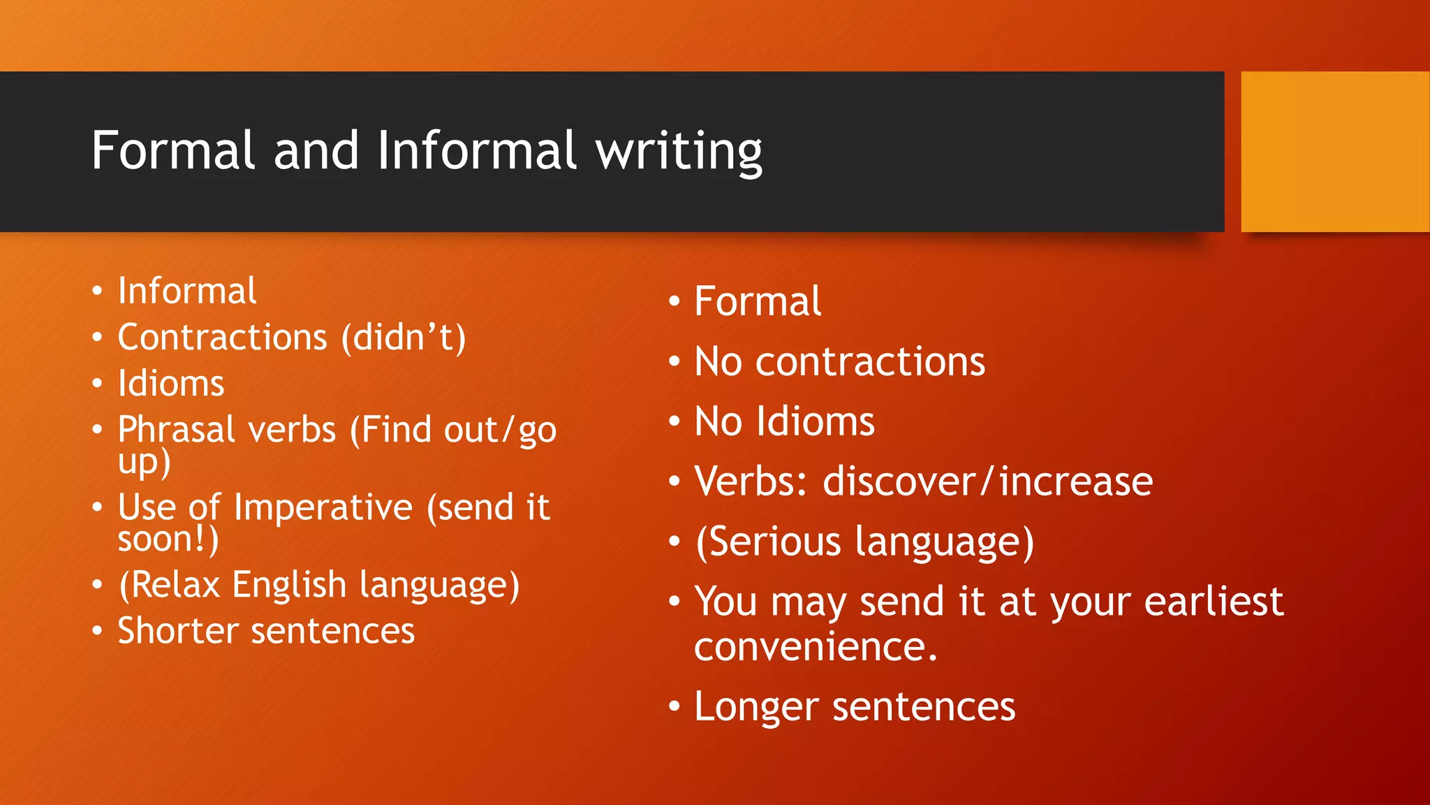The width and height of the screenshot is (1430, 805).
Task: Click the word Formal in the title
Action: click(x=173, y=150)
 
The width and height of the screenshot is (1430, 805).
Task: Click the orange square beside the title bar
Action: click(x=1334, y=152)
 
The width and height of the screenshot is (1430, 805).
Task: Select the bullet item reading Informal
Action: click(x=187, y=291)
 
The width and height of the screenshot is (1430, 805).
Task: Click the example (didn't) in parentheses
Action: click(x=404, y=338)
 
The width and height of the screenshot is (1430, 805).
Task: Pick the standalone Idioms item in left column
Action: click(x=171, y=384)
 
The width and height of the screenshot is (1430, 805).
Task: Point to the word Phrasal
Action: click(x=177, y=430)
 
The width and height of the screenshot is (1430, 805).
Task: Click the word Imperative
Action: click(x=323, y=507)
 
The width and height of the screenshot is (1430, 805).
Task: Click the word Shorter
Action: click(x=178, y=631)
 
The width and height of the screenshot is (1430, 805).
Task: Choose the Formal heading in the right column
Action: click(x=758, y=301)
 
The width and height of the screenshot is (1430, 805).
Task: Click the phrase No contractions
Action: click(x=839, y=362)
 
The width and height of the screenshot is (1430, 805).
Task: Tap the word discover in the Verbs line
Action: click(x=899, y=481)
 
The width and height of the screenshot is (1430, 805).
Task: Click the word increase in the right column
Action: click(x=1076, y=481)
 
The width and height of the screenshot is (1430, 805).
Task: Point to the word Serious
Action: click(x=775, y=542)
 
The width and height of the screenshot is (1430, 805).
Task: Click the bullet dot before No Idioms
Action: click(x=674, y=421)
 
